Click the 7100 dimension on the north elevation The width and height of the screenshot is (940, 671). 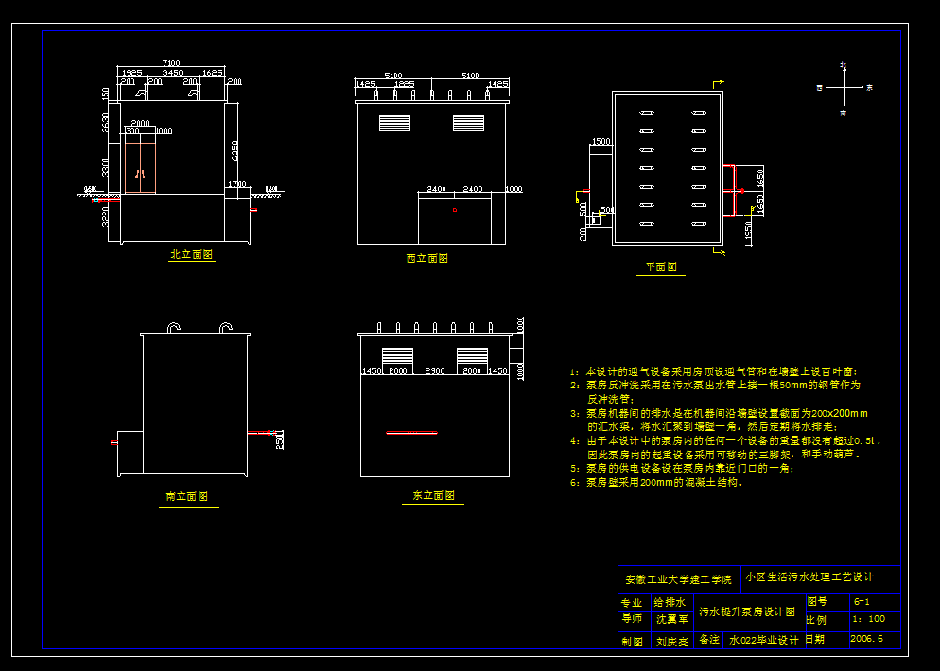pyautogui.click(x=171, y=63)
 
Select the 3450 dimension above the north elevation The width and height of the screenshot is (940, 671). pyautogui.click(x=172, y=73)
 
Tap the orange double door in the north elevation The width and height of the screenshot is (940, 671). pyautogui.click(x=140, y=162)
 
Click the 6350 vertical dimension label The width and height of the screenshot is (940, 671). pyautogui.click(x=233, y=148)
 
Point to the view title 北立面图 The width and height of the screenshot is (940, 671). pyautogui.click(x=191, y=255)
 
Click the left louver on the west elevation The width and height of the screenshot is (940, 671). pyautogui.click(x=395, y=123)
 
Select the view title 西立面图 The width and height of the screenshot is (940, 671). pyautogui.click(x=426, y=258)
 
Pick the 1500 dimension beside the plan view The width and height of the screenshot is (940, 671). pyautogui.click(x=600, y=142)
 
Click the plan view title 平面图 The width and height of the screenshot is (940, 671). pyautogui.click(x=661, y=267)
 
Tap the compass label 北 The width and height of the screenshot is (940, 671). pyautogui.click(x=843, y=65)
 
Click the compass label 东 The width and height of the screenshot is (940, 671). pyautogui.click(x=869, y=87)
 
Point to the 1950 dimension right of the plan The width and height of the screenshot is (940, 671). pyautogui.click(x=749, y=232)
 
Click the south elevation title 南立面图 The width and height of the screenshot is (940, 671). pyautogui.click(x=186, y=496)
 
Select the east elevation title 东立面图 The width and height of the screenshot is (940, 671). pyautogui.click(x=433, y=495)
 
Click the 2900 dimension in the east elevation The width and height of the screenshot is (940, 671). pyautogui.click(x=434, y=371)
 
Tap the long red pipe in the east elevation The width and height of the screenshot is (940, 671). pyautogui.click(x=412, y=433)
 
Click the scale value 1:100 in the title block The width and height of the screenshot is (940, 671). pyautogui.click(x=868, y=619)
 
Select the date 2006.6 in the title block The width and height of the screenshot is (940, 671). pyautogui.click(x=866, y=639)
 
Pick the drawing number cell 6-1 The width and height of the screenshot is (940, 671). pyautogui.click(x=862, y=601)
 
